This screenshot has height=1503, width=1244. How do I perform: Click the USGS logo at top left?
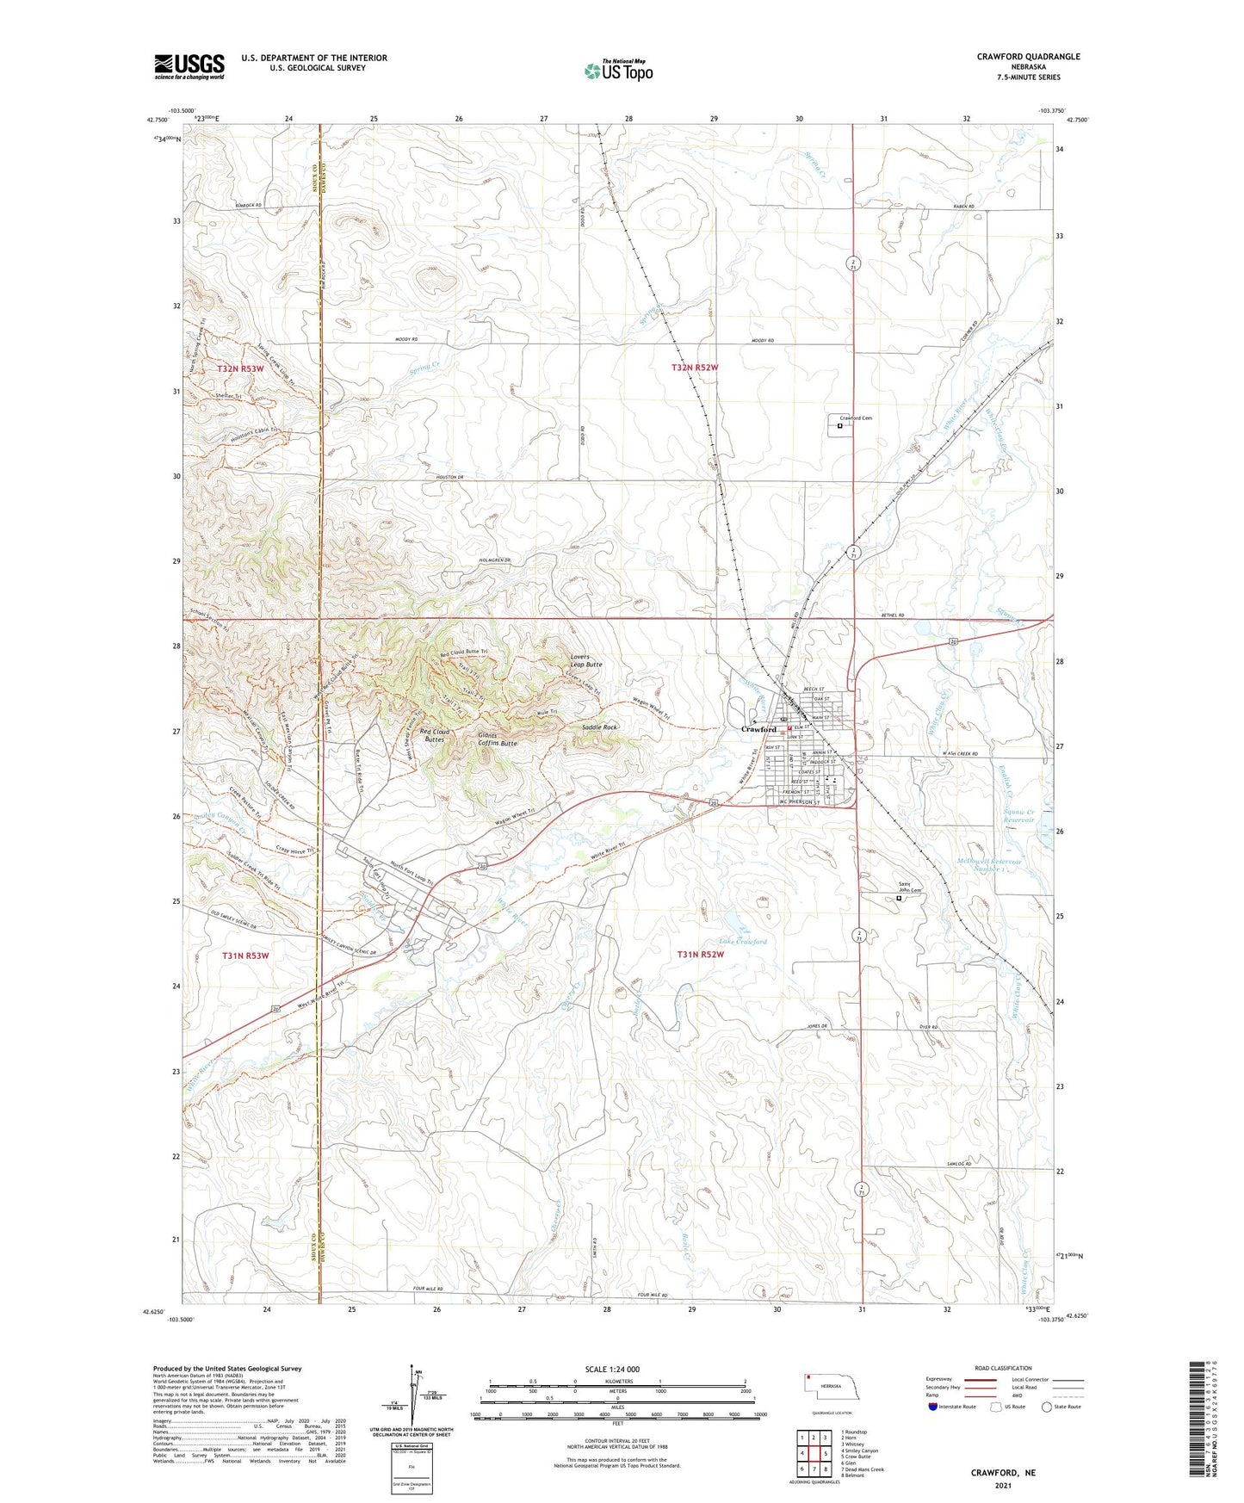click(x=189, y=66)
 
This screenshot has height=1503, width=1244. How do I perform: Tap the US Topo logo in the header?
click(x=618, y=71)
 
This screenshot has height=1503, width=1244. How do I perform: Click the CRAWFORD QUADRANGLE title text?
click(x=1028, y=57)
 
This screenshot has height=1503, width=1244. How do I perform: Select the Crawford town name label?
click(x=758, y=729)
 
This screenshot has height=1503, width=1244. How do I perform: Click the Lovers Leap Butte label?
click(x=586, y=661)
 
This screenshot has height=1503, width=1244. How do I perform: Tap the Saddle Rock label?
click(x=599, y=727)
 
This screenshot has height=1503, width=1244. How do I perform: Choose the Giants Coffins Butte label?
click(x=498, y=739)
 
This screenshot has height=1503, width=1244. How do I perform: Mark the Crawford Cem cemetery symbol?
click(x=839, y=424)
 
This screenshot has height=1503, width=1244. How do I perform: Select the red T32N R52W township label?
click(x=694, y=368)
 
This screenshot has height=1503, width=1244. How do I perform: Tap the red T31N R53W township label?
click(x=245, y=956)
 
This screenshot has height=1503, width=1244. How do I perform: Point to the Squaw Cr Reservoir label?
click(x=1024, y=816)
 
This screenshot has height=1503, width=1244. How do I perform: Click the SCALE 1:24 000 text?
click(x=612, y=1369)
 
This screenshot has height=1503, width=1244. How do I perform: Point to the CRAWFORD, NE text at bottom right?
click(x=1003, y=1473)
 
